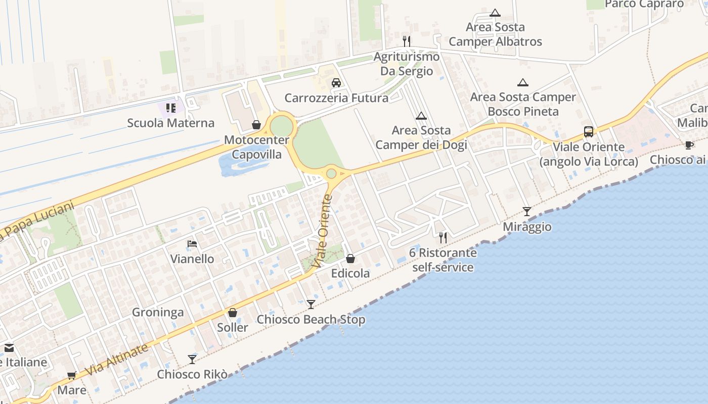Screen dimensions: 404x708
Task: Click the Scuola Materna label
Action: pos(170,123)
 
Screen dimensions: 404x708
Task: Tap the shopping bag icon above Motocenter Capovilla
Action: pos(256,124)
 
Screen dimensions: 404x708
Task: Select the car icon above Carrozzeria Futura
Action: pos(336,83)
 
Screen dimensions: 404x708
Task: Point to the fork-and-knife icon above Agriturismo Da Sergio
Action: pos(407,40)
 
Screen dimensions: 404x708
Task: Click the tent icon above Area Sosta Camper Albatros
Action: pos(495,13)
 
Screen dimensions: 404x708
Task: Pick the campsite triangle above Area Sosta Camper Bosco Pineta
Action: pos(523,82)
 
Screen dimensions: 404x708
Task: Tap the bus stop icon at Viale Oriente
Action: pos(589,132)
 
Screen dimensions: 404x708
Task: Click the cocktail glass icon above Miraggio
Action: pos(527,212)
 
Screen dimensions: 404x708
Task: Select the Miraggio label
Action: pos(527,227)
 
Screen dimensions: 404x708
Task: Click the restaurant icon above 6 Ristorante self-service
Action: pos(443,237)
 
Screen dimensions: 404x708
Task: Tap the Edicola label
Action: pos(350,273)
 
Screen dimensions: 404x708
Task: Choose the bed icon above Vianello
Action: pos(192,244)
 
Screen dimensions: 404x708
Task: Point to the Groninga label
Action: pos(158,312)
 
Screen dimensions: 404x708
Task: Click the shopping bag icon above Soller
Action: pos(233,313)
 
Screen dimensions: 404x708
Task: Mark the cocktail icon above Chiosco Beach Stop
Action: pos(311,304)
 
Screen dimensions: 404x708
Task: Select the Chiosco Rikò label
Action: pos(192,374)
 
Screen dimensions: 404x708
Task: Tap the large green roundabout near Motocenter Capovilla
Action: pos(281,126)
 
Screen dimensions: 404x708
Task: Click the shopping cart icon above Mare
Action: pos(72,376)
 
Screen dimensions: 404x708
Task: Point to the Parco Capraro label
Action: pos(644,4)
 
